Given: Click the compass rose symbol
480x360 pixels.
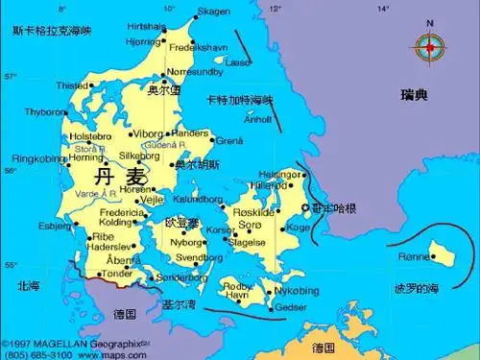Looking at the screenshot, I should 429,44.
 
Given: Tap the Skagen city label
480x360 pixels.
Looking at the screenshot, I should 214,12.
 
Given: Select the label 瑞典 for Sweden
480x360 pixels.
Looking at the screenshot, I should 415,94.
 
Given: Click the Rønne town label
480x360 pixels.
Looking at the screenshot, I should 414,256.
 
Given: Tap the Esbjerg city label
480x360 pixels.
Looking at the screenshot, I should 55,227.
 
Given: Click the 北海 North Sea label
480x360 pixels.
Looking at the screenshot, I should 28,285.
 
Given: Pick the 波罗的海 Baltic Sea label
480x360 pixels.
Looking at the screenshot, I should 417,288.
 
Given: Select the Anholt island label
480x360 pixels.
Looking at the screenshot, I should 259,120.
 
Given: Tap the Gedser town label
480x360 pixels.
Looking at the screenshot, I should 292,307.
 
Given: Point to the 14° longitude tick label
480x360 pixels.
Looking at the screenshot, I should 383,8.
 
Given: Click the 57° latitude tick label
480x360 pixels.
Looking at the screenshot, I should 11,76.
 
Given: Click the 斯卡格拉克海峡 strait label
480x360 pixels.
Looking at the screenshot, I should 52,32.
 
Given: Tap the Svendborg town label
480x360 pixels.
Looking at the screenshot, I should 200,258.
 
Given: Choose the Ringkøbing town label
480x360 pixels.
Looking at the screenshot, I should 37,158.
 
